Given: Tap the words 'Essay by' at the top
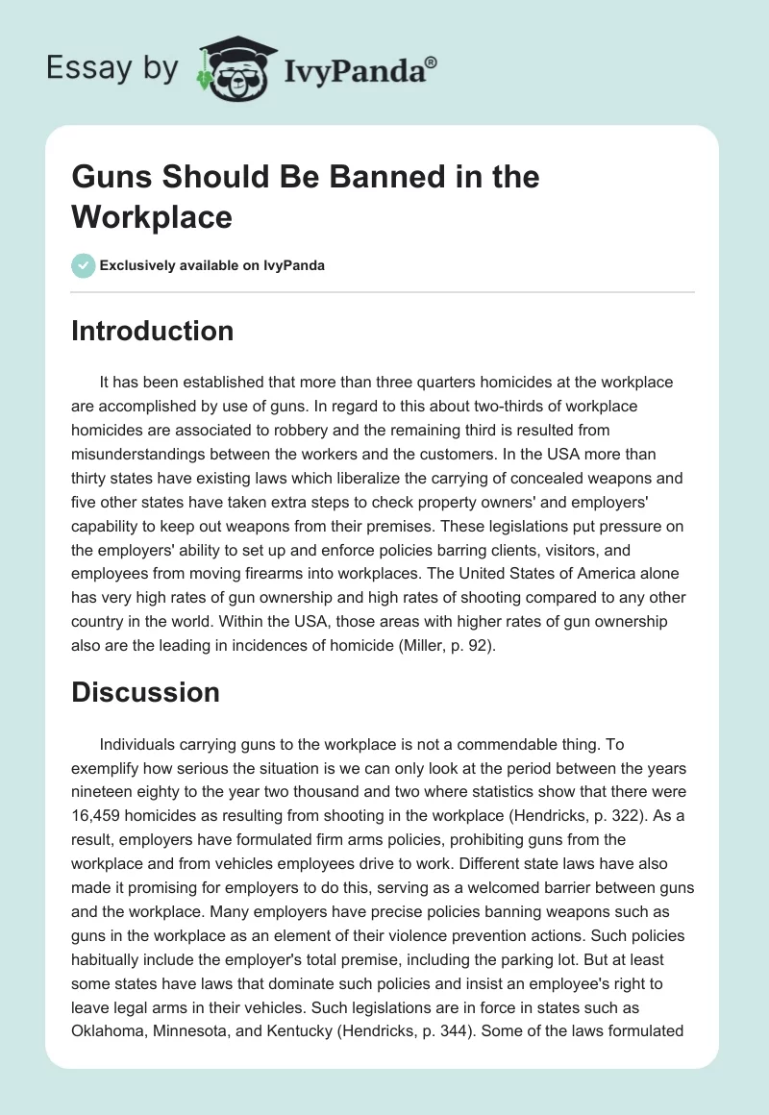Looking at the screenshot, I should pos(113,67).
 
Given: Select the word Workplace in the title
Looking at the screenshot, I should pos(152,216).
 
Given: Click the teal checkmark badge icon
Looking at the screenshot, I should pos(85,265).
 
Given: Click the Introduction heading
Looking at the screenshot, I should pos(153,331).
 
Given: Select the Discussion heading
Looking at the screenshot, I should pos(146,692).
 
